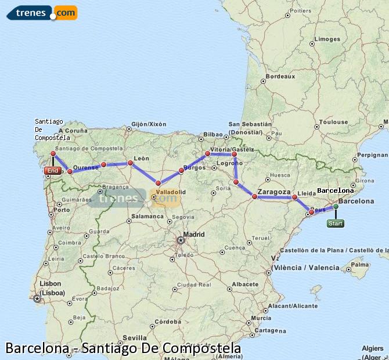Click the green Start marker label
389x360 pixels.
[x=335, y=223]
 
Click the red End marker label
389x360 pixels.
[x=52, y=171]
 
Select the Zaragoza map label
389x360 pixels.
[x=273, y=192]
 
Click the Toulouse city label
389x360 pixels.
[x=333, y=122]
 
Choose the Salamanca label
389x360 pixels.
[x=147, y=216]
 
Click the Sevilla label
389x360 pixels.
[x=134, y=337]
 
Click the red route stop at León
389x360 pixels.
[x=130, y=163]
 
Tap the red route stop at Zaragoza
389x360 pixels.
[x=254, y=196]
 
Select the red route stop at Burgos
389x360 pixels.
[x=181, y=171]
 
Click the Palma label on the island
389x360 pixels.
[x=361, y=265]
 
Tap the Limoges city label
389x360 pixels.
[x=326, y=39]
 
